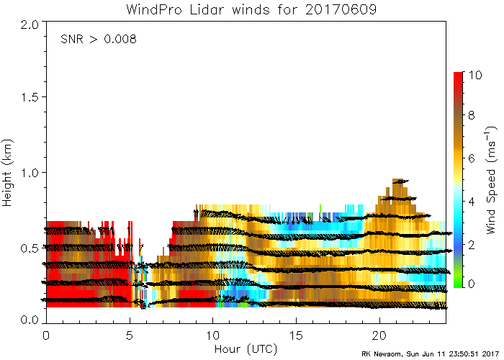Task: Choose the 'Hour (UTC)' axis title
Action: pos(246,349)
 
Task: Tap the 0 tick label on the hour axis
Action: pos(46,336)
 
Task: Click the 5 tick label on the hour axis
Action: pos(130,336)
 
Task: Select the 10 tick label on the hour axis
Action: pos(213,336)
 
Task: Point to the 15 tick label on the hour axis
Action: pos(297,336)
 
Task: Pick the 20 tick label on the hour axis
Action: pos(380,336)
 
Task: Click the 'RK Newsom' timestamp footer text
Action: pos(428,354)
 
